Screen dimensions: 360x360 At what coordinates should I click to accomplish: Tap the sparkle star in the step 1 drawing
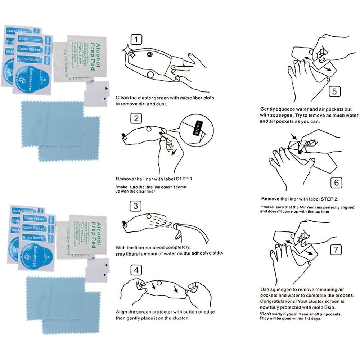(x=129, y=51)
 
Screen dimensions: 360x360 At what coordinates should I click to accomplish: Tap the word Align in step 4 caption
(x=122, y=312)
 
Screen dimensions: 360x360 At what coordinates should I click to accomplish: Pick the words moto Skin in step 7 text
(x=326, y=307)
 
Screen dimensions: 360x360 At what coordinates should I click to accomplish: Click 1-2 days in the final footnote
(x=313, y=319)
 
